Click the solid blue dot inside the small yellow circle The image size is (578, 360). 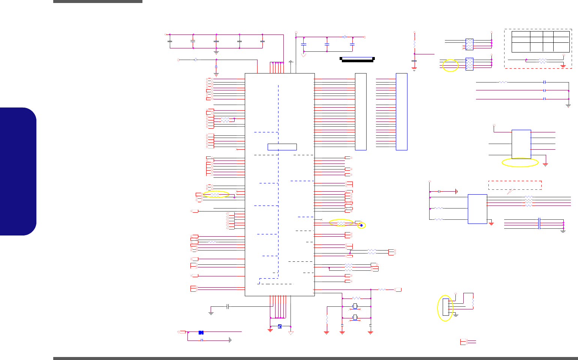tap(361, 225)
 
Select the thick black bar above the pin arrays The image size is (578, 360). tap(357, 59)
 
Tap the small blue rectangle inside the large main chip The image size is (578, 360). tap(282, 147)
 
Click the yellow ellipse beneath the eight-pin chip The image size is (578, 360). tap(520, 162)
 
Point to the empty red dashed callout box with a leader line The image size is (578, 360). tap(515, 185)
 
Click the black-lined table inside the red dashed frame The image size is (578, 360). tap(541, 42)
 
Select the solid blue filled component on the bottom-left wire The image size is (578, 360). tap(201, 332)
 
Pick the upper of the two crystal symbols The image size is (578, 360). tap(355, 306)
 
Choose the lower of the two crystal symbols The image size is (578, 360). tap(355, 318)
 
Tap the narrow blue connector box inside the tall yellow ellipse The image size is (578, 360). tap(446, 307)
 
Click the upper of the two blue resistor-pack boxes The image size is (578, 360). tap(469, 44)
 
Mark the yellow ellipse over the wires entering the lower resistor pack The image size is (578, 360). tap(450, 65)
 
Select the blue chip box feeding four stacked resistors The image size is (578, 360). tap(477, 209)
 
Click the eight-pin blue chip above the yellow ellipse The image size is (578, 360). tap(521, 144)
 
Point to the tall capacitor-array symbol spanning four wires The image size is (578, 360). tap(539, 223)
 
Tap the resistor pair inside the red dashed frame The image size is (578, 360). tap(542, 61)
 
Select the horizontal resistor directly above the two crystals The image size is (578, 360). tap(356, 298)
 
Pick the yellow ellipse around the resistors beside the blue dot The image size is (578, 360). tap(341, 223)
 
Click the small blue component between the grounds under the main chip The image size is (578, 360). tap(280, 326)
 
